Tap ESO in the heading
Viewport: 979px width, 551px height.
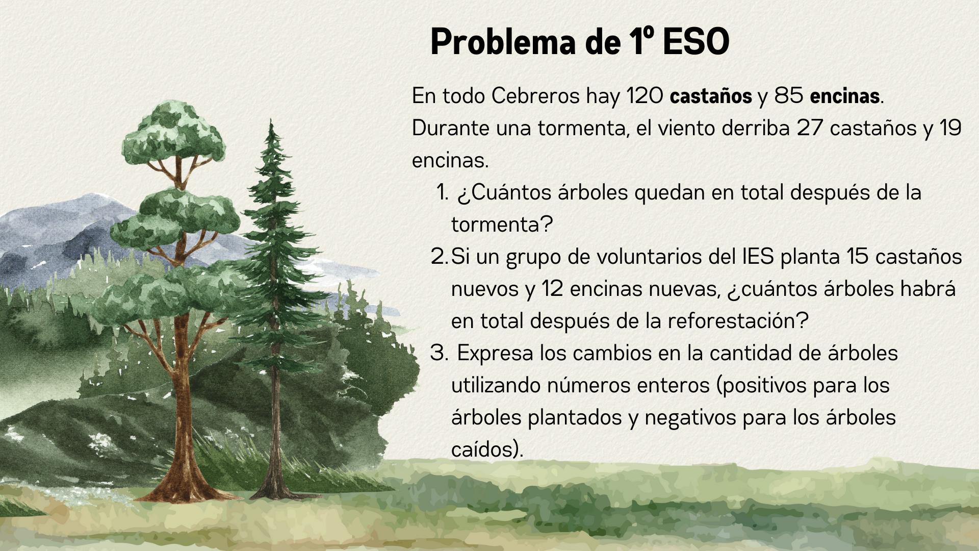click(696, 41)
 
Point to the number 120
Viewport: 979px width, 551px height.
click(645, 96)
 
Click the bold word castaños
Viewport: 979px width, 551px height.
click(711, 96)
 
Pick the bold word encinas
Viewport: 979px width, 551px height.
click(844, 96)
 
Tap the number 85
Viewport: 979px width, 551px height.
click(789, 96)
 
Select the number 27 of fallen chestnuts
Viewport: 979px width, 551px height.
click(810, 128)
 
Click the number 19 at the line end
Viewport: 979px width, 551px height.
click(950, 128)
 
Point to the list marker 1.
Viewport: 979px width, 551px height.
click(442, 192)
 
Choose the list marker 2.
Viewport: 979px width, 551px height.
click(440, 257)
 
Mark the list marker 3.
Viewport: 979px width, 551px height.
click(439, 353)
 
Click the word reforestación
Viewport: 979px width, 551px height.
click(738, 321)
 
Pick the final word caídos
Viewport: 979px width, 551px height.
click(487, 449)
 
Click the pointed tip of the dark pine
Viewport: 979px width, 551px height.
click(271, 120)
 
